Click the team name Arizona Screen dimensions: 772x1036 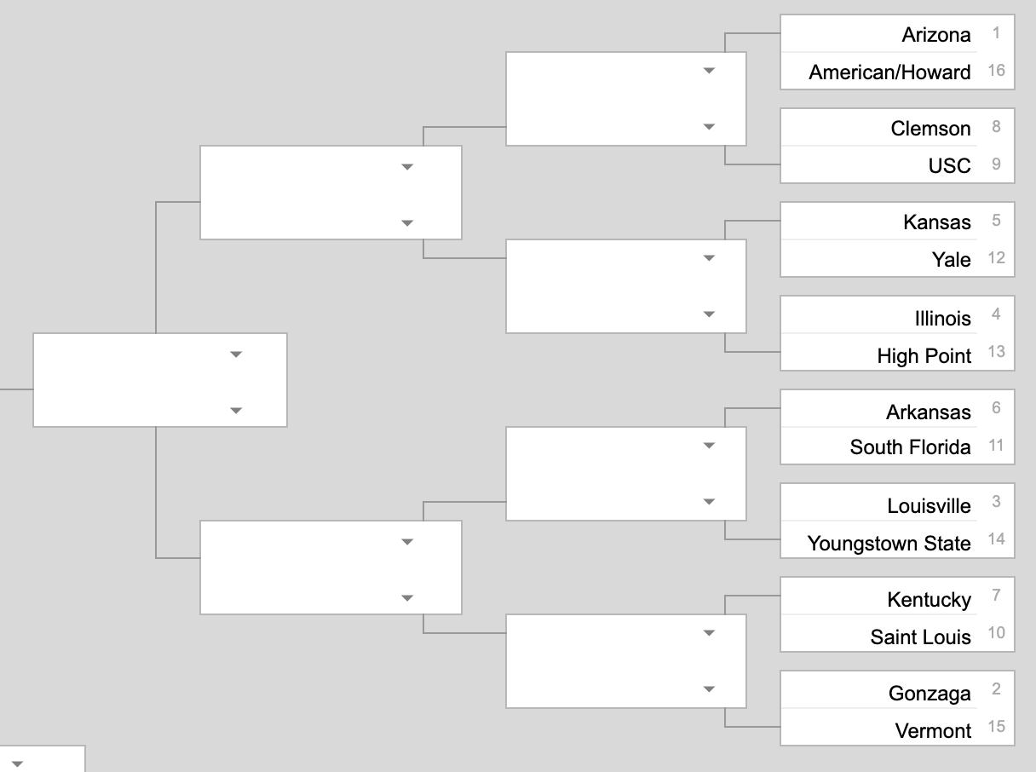[935, 35]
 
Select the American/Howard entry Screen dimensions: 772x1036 [889, 72]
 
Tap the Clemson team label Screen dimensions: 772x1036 [930, 129]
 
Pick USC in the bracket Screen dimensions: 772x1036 [949, 165]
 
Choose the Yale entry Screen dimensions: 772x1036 [951, 259]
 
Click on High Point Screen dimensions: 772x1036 [924, 356]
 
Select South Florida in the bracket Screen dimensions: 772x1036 [910, 447]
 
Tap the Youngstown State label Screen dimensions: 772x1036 [889, 544]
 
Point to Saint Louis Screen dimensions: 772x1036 [920, 637]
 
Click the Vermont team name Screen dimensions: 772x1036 [933, 731]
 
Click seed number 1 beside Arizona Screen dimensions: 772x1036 [996, 33]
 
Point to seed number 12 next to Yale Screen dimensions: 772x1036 [996, 257]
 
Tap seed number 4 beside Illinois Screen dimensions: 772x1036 [996, 314]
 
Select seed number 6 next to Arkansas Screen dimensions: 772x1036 [996, 408]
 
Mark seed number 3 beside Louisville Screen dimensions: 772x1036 [996, 502]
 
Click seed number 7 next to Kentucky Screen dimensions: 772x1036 [996, 596]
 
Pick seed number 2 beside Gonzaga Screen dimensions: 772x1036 [996, 689]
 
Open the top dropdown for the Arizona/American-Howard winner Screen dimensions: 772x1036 [709, 71]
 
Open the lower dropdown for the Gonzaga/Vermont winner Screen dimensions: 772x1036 [709, 689]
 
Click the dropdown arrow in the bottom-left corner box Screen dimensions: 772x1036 [17, 763]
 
